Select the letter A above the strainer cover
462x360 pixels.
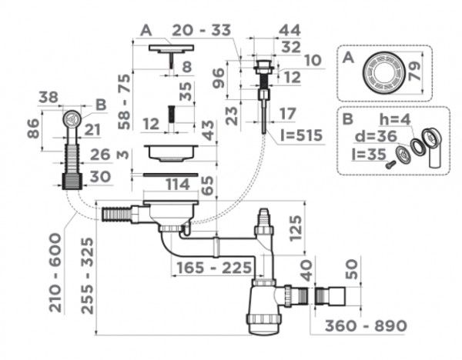coord(145,30)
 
